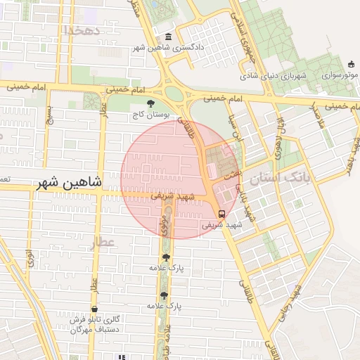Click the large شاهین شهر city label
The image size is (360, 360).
(67, 183)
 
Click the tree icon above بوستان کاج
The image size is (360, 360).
(151, 103)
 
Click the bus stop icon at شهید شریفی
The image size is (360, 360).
(222, 214)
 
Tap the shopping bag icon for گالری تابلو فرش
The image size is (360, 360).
(94, 309)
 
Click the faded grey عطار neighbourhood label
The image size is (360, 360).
(103, 243)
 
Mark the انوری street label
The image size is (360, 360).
(30, 257)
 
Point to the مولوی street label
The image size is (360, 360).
(163, 228)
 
